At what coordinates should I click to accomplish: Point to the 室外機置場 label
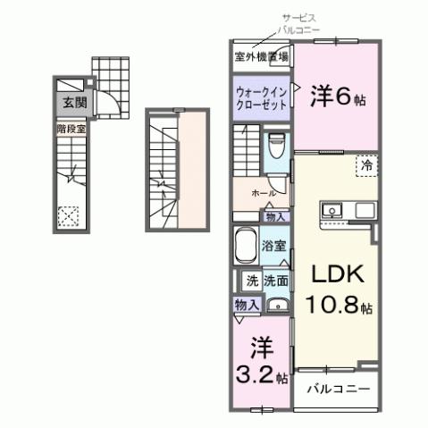tap(261, 57)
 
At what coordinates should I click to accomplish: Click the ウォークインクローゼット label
tap(262, 97)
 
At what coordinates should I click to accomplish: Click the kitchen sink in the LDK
tap(332, 212)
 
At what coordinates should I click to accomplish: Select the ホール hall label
tap(263, 192)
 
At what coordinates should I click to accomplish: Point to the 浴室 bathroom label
tap(273, 244)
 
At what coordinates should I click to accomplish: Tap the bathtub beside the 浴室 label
tap(244, 245)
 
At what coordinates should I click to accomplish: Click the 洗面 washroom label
tap(275, 281)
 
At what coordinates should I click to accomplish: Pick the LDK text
tap(336, 273)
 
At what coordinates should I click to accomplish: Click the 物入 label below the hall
tap(274, 216)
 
